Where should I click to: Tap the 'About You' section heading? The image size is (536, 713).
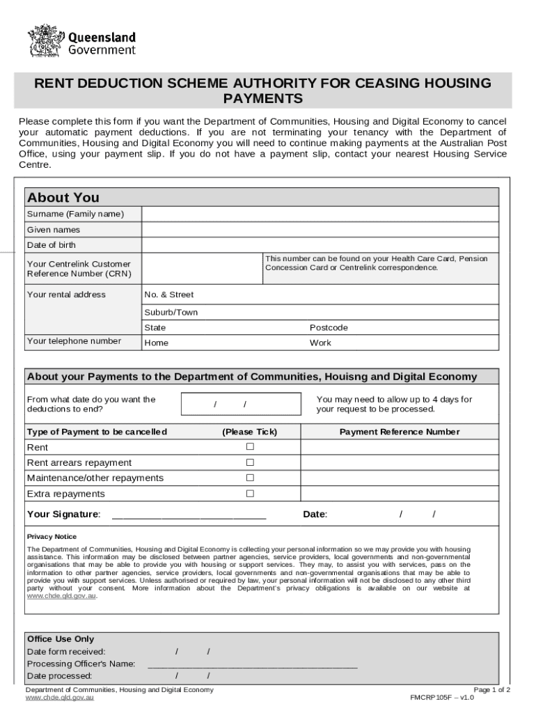(63, 198)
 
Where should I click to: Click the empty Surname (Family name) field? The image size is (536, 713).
(320, 214)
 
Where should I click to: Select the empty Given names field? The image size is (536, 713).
(320, 230)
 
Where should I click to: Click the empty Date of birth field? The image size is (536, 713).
(320, 245)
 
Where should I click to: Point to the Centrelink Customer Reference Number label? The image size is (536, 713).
(79, 269)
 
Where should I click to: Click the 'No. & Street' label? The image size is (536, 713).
(168, 295)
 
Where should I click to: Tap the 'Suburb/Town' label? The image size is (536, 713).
(171, 313)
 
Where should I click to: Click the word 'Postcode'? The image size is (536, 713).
(329, 327)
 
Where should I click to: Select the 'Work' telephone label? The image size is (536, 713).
(320, 343)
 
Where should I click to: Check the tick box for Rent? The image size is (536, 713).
(250, 446)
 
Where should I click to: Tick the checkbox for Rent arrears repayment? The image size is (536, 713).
(250, 462)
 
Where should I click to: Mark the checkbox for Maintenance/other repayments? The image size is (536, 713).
(250, 478)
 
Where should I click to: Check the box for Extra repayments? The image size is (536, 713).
(250, 494)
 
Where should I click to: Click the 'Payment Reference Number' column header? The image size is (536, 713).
(399, 432)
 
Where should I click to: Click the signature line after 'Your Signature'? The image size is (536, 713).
(189, 517)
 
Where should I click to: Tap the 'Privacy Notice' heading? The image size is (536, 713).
(52, 537)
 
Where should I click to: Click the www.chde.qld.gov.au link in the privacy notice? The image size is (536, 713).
(61, 596)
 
